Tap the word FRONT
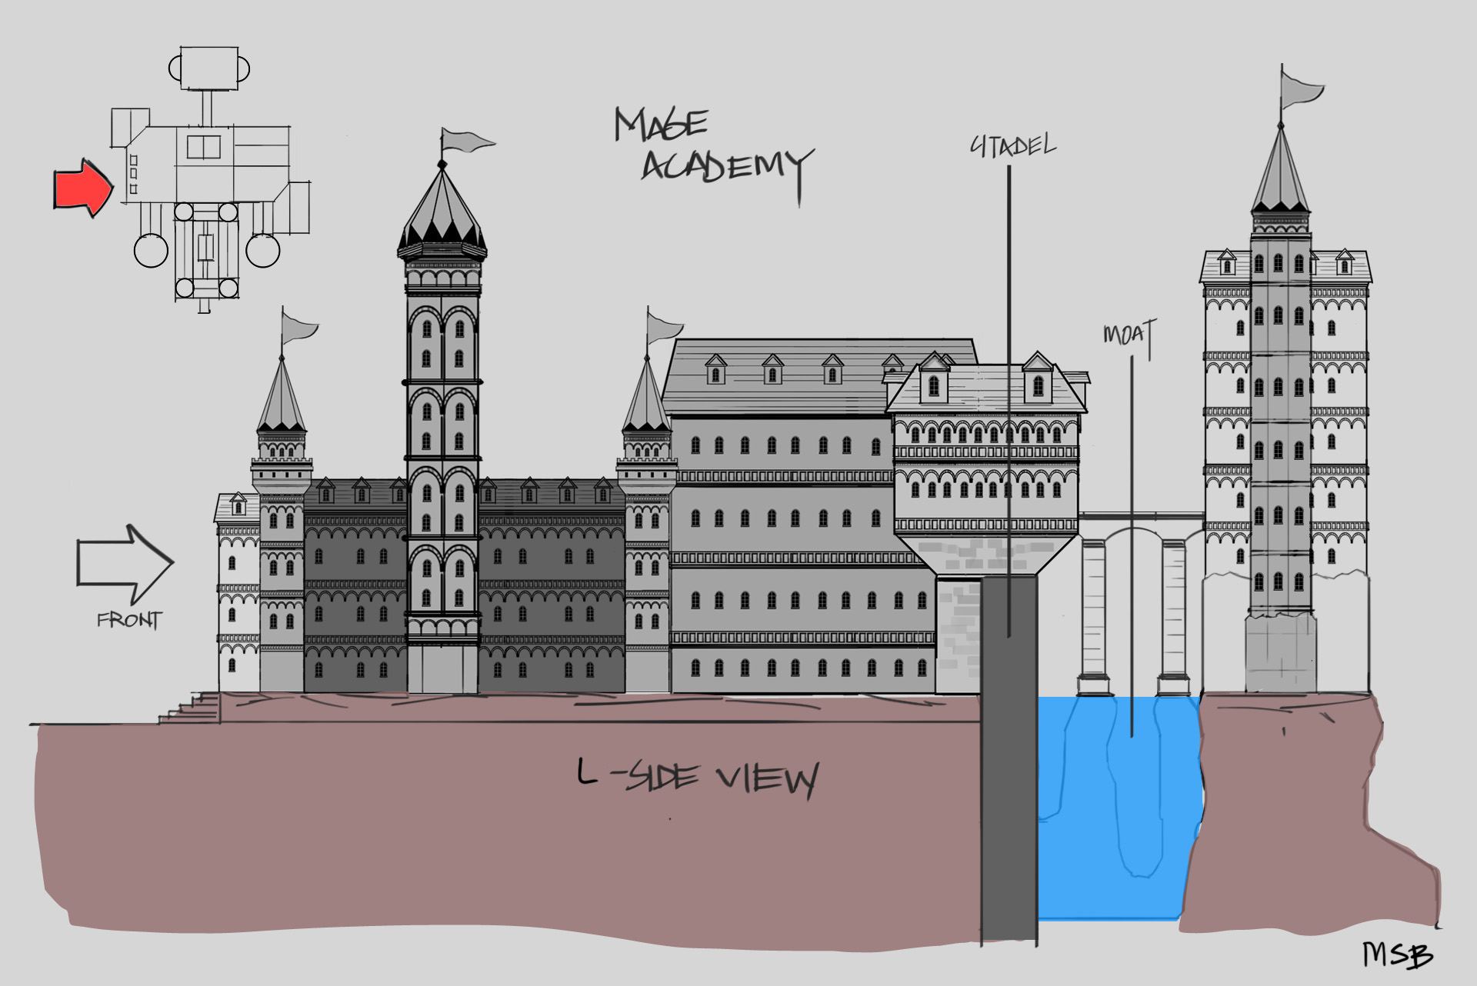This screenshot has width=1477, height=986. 129,620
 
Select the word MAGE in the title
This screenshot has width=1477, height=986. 661,125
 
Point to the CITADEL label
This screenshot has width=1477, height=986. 1012,145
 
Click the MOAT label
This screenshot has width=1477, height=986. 1129,334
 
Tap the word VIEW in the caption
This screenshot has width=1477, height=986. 767,779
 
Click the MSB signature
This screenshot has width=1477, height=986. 1397,954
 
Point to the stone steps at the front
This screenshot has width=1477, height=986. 192,708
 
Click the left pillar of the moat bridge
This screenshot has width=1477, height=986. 1093,615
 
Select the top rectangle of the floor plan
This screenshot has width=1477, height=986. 209,67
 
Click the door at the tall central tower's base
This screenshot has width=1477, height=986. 442,668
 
